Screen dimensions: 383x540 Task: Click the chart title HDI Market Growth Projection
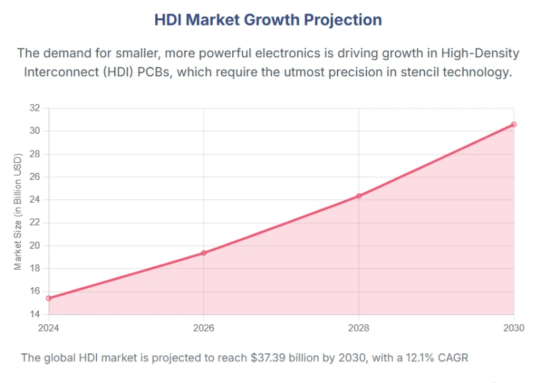point(268,20)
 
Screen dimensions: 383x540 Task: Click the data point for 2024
point(49,298)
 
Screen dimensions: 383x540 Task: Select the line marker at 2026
point(203,253)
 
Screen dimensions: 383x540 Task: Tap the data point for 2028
point(358,196)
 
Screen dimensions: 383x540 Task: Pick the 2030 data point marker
point(514,124)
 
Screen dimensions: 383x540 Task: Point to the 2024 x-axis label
point(49,327)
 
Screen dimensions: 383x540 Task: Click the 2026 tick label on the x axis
point(203,327)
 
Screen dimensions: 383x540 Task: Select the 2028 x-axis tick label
point(358,327)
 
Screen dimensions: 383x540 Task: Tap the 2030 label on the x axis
point(513,327)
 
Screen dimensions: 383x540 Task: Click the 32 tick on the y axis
point(35,108)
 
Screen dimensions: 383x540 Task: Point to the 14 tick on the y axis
point(35,315)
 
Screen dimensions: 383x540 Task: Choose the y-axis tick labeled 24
point(35,200)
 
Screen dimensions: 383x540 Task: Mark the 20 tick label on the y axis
point(35,246)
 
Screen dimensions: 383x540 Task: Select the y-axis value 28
point(35,154)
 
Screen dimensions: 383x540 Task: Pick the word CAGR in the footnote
point(452,357)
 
